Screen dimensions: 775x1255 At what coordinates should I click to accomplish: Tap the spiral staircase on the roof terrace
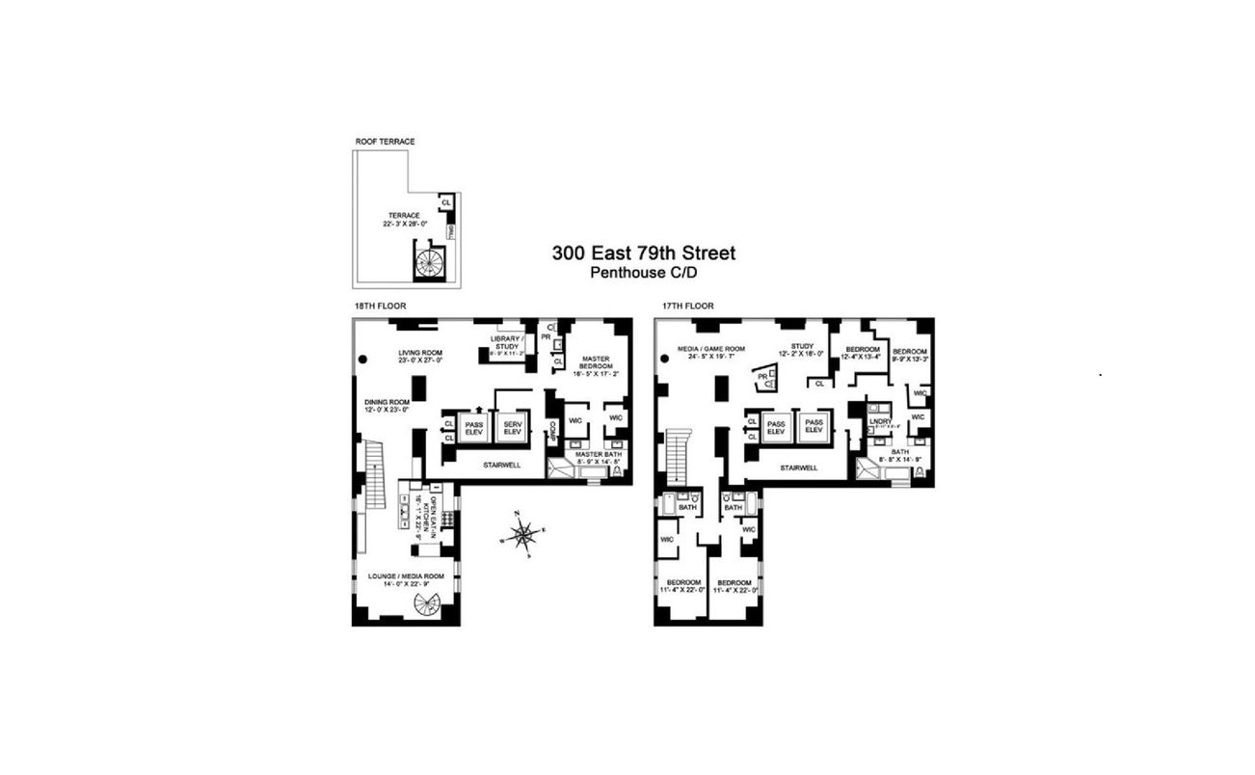428,261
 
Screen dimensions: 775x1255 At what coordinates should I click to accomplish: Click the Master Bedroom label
594,364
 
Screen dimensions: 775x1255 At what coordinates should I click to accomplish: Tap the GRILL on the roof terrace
451,233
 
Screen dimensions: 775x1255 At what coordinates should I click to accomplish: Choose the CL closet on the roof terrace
446,202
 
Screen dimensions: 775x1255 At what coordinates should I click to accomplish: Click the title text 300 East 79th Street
643,254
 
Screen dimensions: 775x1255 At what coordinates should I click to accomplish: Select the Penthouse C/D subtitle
643,273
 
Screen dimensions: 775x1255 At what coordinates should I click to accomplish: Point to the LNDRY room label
879,420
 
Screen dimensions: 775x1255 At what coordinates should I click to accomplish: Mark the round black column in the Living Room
363,359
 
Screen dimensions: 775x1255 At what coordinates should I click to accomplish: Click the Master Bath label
599,454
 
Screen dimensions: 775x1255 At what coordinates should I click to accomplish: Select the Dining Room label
387,402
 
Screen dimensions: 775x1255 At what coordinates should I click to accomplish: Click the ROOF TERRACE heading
384,142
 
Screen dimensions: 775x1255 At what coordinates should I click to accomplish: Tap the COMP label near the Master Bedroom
553,432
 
